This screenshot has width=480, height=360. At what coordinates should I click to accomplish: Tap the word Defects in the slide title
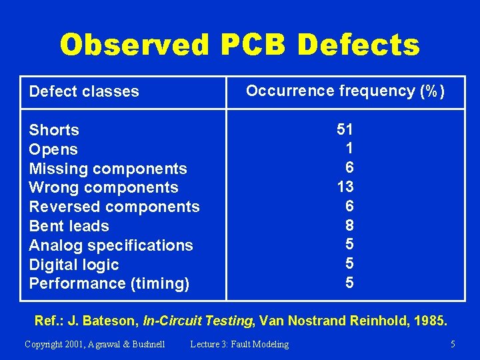359,45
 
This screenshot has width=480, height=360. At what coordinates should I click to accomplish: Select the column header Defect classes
84,91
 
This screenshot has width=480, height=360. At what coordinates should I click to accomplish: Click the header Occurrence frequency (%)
345,91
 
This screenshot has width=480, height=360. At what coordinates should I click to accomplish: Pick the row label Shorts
54,130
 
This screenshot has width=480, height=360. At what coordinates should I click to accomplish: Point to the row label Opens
53,149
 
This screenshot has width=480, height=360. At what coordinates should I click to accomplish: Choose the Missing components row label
108,169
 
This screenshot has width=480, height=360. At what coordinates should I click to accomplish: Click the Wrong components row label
103,187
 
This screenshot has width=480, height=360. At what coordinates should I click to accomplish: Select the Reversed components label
114,207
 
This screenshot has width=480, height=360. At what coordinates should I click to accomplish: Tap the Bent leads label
69,226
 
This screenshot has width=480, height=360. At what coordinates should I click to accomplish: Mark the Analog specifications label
111,245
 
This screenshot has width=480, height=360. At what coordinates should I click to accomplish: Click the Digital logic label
74,265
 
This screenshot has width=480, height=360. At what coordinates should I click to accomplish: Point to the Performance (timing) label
109,283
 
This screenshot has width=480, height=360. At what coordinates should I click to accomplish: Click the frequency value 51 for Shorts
345,129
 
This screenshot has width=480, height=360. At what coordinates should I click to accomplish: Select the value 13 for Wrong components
345,186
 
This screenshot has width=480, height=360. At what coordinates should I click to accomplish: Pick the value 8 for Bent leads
349,225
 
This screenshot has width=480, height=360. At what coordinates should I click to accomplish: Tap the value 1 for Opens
349,147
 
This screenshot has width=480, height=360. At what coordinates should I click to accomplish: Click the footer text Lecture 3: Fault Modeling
239,344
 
